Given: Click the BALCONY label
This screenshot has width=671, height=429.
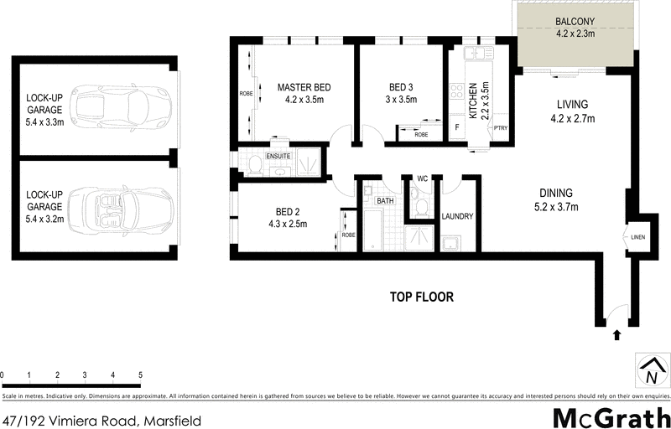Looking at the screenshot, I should (x=575, y=22).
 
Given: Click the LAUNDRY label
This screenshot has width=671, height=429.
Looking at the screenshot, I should (x=457, y=216).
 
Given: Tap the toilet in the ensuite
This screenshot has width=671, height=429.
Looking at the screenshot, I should (x=253, y=165).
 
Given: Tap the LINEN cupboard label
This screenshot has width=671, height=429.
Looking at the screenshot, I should (x=639, y=238).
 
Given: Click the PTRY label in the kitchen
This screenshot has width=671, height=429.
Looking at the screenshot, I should (x=501, y=127).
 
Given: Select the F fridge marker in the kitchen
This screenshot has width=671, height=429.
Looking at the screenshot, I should (x=456, y=127).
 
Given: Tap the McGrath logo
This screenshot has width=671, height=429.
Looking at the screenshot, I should (x=610, y=416).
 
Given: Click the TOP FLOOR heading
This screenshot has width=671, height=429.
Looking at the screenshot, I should (x=422, y=297).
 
